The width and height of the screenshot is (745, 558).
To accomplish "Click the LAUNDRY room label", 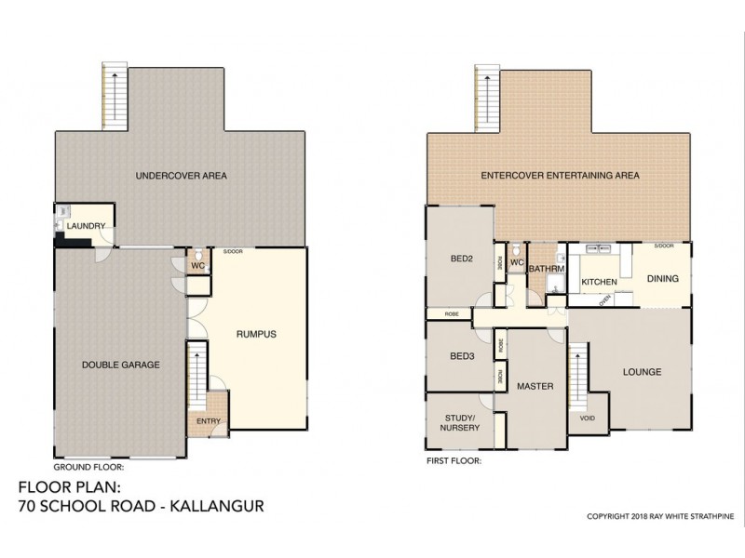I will [83, 226].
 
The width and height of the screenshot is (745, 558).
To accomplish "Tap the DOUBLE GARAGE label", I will [121, 365].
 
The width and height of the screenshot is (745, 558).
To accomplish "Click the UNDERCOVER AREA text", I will [181, 175].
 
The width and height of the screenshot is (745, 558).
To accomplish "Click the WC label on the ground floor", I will [197, 264].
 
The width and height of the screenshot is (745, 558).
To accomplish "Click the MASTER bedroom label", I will [535, 385].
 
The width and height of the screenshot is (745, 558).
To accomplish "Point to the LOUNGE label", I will [643, 372].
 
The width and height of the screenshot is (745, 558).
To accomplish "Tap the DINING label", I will [662, 278].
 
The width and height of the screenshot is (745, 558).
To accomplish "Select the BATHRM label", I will [543, 270].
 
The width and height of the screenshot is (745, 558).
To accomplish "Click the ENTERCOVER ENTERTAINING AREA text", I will [560, 175].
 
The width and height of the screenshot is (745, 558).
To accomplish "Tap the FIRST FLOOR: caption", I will [454, 460].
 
